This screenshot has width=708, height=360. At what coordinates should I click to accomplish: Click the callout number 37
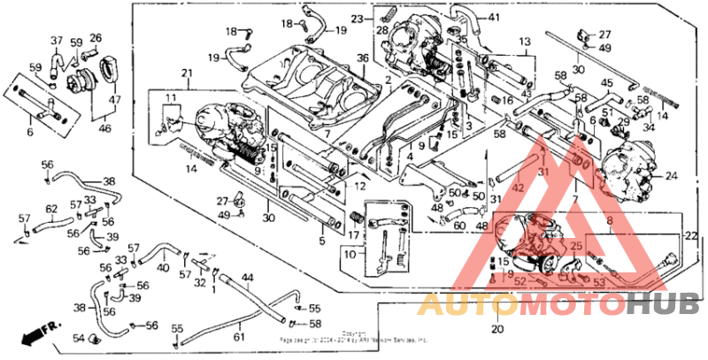point(57,41)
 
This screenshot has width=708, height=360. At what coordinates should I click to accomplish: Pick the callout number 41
point(493,18)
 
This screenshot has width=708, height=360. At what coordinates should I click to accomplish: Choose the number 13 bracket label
point(524,42)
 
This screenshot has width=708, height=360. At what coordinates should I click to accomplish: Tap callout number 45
point(607,83)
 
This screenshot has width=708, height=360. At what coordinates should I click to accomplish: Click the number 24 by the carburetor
point(671,175)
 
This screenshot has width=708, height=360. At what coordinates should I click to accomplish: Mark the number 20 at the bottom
point(496,329)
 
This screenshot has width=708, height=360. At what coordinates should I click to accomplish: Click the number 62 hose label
point(51,209)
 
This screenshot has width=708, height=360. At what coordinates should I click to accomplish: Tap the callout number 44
point(248,278)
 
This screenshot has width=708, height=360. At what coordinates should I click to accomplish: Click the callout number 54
point(77,339)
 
